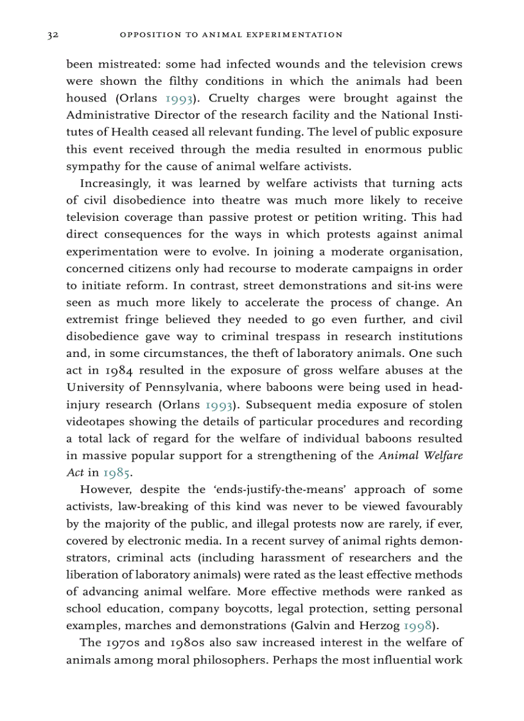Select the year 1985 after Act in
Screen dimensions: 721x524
coord(117,474)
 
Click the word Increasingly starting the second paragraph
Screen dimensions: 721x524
coord(114,184)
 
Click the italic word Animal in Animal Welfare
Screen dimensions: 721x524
coord(397,456)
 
